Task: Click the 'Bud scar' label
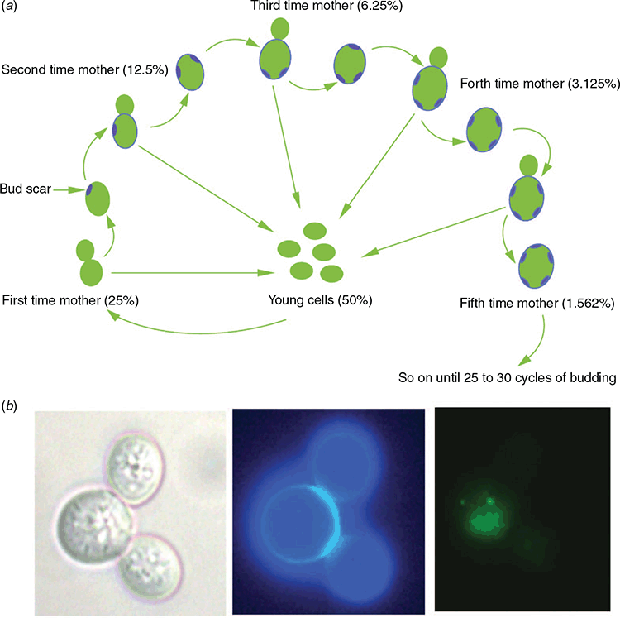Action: (26, 189)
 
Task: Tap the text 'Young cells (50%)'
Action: (320, 300)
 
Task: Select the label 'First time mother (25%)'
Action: (70, 300)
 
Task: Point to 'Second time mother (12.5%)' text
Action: (84, 69)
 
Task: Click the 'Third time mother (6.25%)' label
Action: (327, 6)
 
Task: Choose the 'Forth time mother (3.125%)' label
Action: (540, 84)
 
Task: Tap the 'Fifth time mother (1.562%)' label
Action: (537, 303)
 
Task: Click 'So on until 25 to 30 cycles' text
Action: (476, 377)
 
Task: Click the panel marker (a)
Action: (9, 7)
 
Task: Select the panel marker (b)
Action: (9, 405)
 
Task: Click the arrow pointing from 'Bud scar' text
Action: (69, 190)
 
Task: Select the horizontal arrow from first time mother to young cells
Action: (193, 273)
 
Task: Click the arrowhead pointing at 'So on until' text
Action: (526, 361)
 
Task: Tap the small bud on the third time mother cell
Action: (280, 29)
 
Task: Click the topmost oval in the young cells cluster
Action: (315, 231)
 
